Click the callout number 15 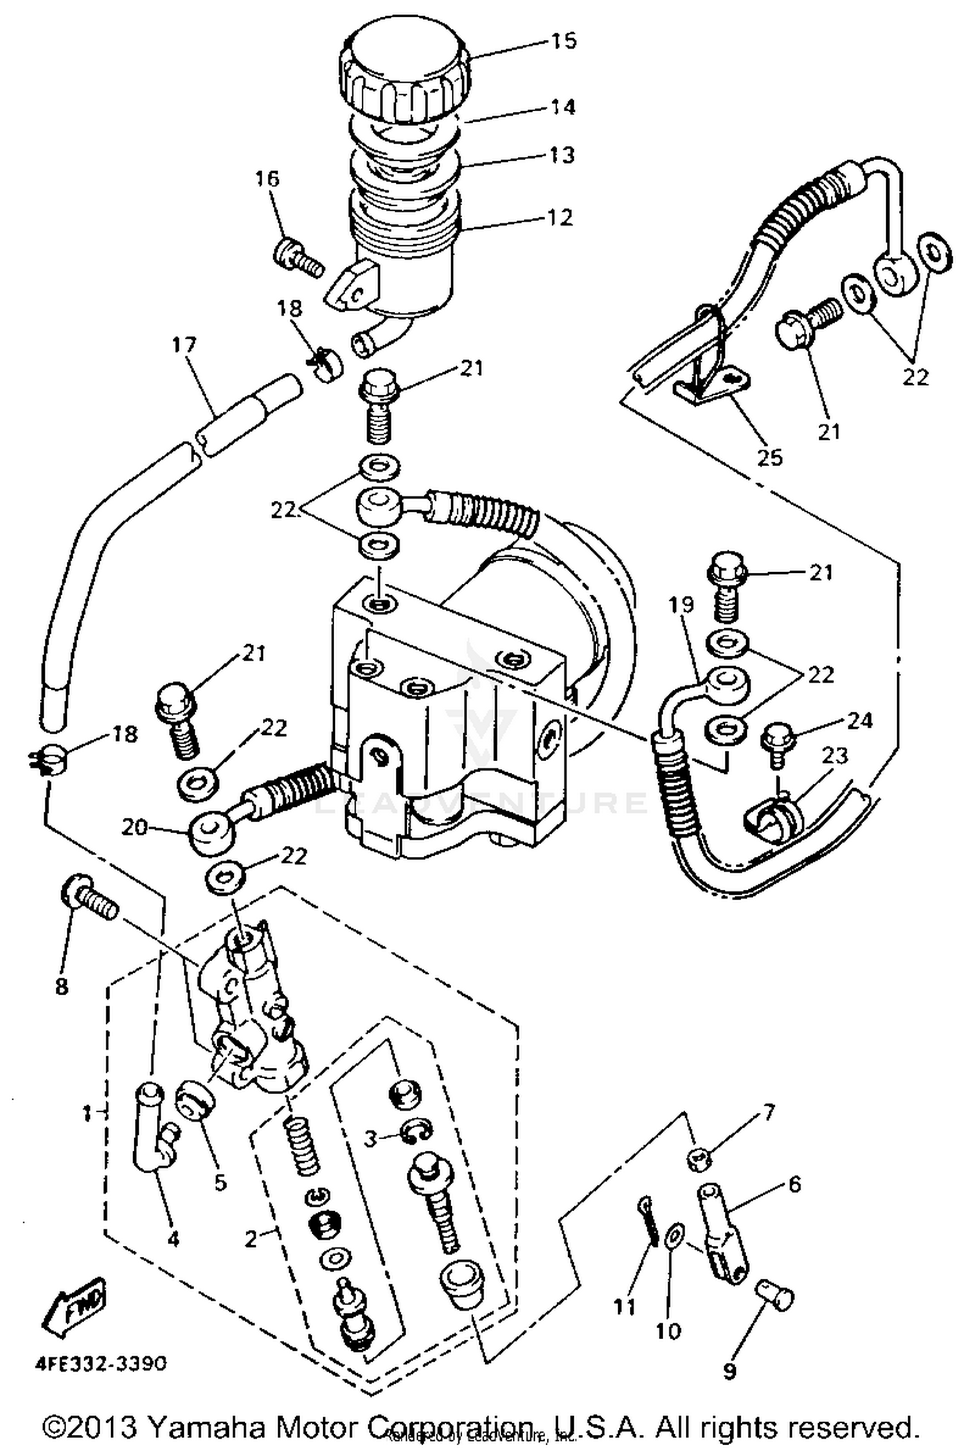pyautogui.click(x=563, y=41)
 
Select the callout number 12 pyautogui.click(x=560, y=217)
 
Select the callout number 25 pyautogui.click(x=769, y=458)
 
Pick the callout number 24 pyautogui.click(x=859, y=721)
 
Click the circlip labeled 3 pyautogui.click(x=417, y=1133)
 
